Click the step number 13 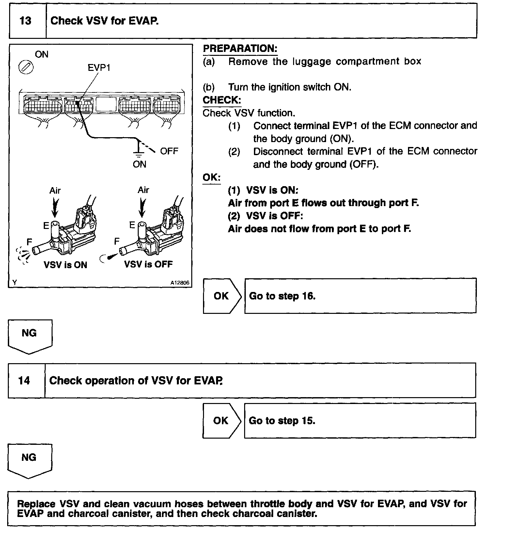pos(25,21)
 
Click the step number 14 pos(24,380)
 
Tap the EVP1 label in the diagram pos(99,68)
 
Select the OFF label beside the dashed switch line pos(169,151)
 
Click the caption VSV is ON pos(65,265)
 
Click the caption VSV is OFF pos(148,264)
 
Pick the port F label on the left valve pos(29,242)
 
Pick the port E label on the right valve pos(132,225)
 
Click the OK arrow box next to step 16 pos(221,296)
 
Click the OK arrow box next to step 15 pos(221,421)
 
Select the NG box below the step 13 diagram pos(29,334)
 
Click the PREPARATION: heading pos(240,49)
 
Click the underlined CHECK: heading pos(222,100)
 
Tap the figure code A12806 pos(180,283)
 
